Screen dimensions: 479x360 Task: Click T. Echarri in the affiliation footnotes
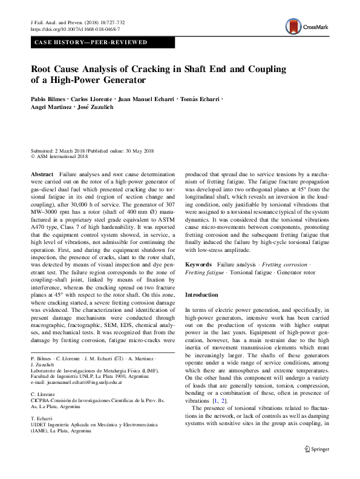pos(41,418)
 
